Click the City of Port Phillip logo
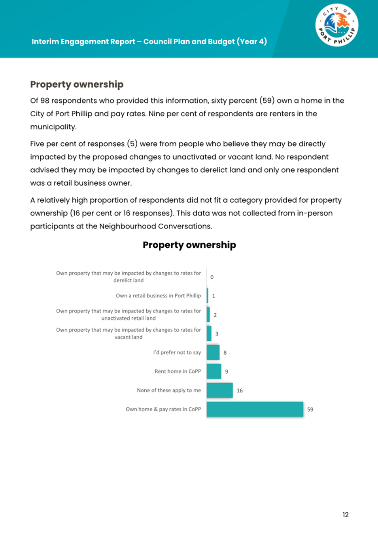[x=336, y=25]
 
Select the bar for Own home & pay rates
[x=255, y=409]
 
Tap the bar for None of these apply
[x=219, y=390]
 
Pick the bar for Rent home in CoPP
[x=214, y=371]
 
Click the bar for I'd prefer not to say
[x=213, y=352]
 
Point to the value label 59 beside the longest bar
[x=310, y=410]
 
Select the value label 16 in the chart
[x=240, y=391]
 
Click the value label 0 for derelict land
[x=212, y=277]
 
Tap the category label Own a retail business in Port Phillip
[x=158, y=296]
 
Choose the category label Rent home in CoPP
[x=178, y=371]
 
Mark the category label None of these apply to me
[x=169, y=390]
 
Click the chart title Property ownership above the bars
[x=189, y=245]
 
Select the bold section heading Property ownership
[x=77, y=84]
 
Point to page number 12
[x=346, y=515]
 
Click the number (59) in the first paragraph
[x=267, y=100]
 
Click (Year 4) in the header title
[x=252, y=41]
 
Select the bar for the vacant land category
[x=209, y=334]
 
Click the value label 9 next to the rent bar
[x=227, y=372]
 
